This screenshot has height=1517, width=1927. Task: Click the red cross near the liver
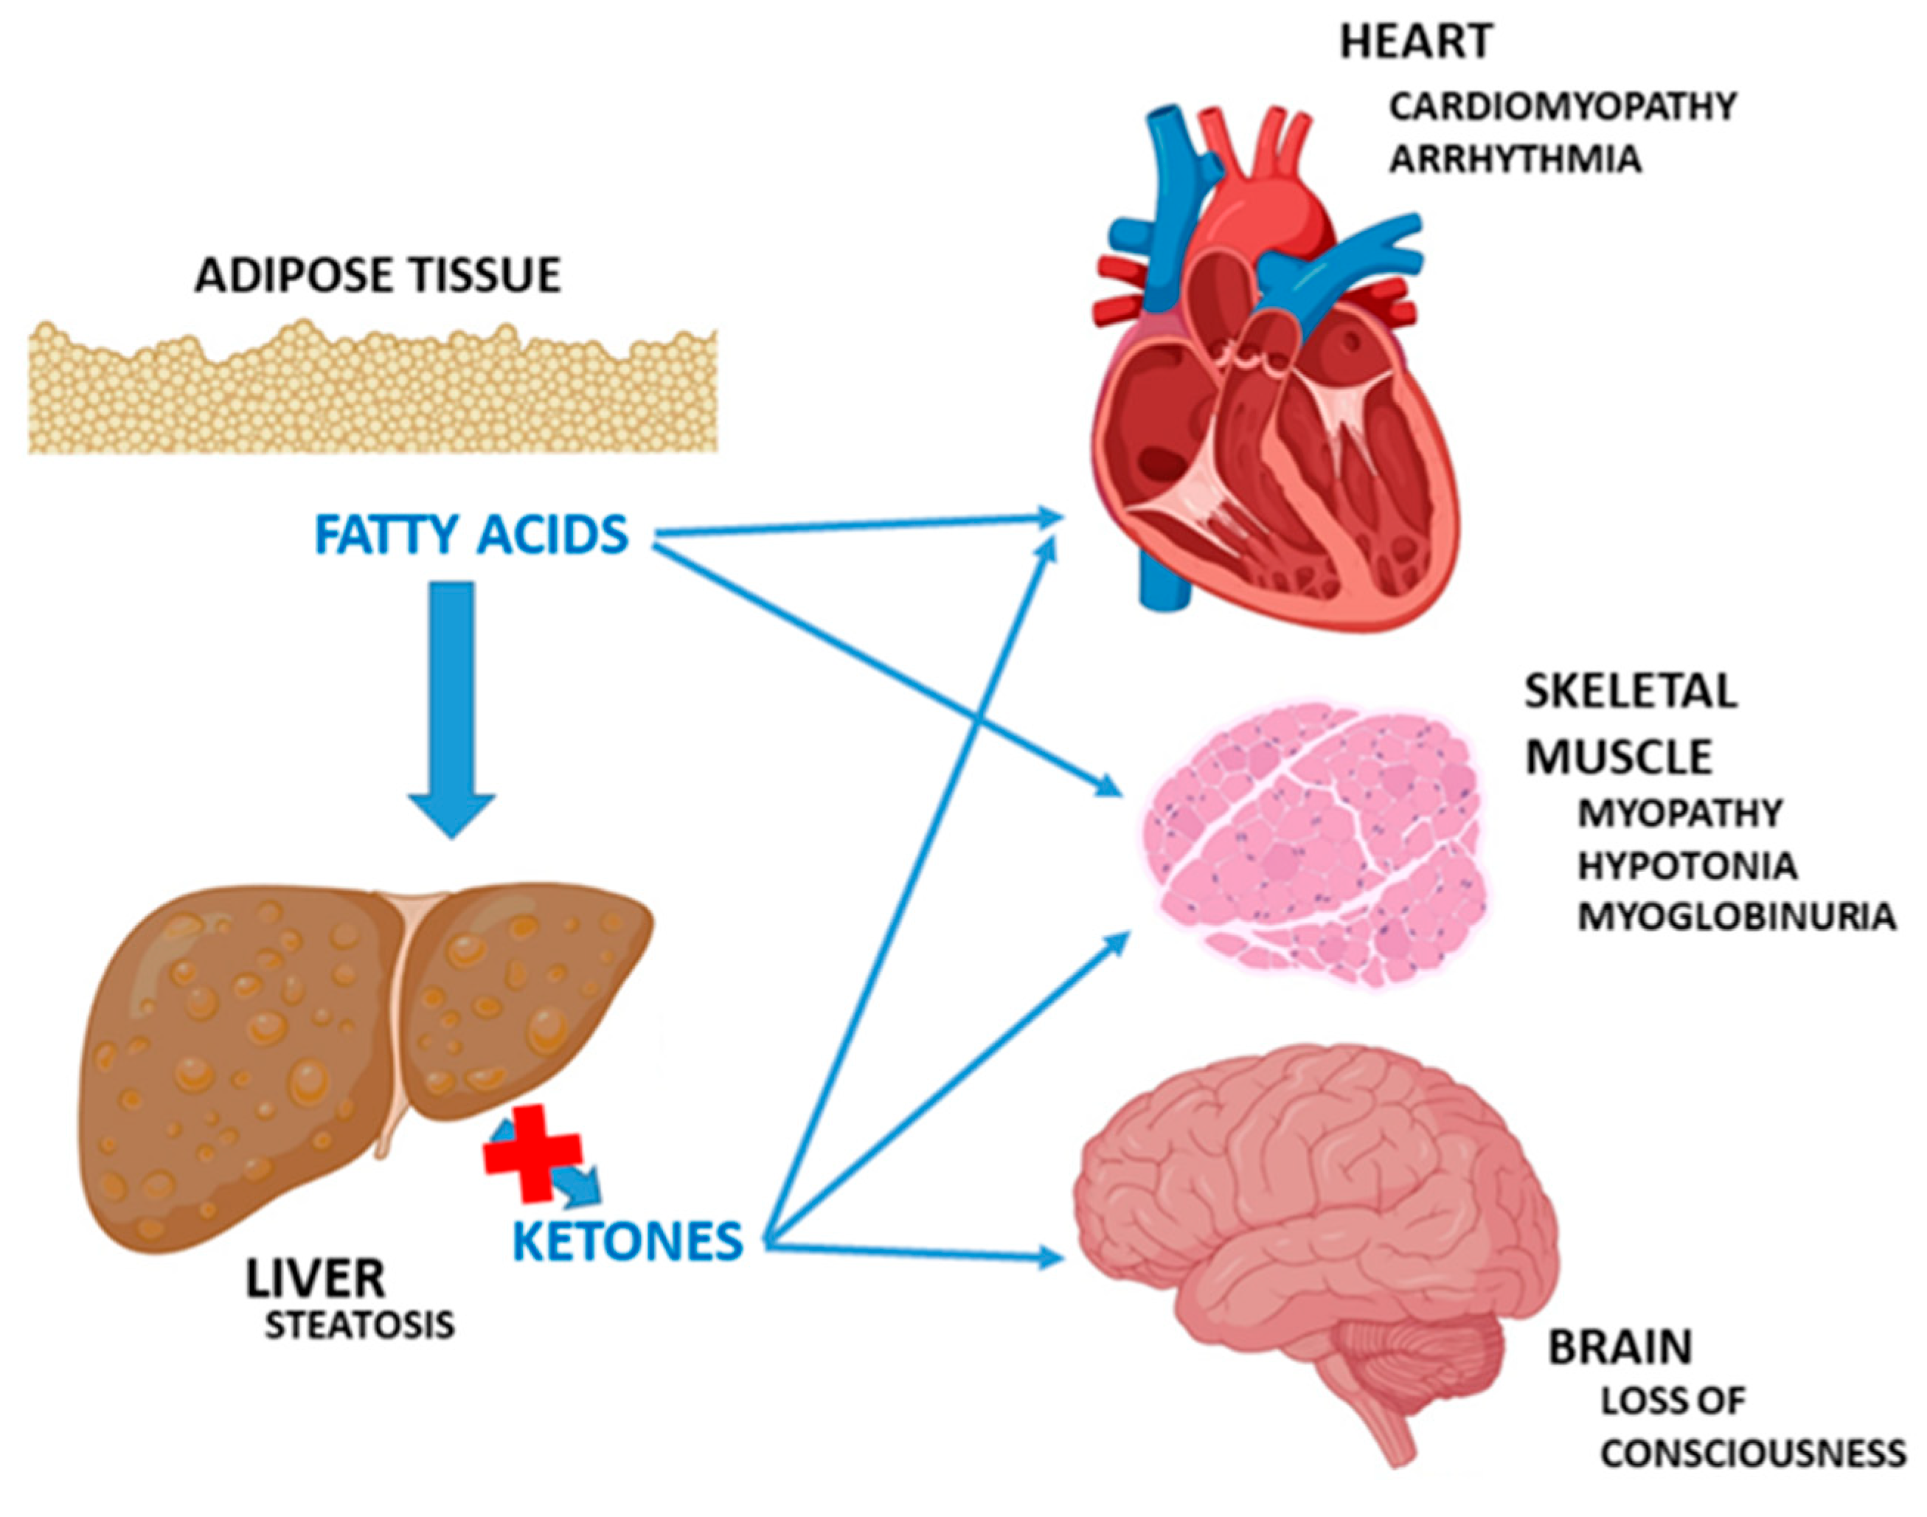tap(531, 1153)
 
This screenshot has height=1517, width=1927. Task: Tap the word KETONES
tap(628, 1240)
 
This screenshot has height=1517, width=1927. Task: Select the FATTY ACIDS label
tap(471, 535)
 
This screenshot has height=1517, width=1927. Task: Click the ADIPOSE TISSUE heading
tap(378, 274)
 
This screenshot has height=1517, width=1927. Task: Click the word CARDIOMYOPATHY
tap(1562, 107)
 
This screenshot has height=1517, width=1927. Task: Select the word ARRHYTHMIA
tap(1515, 160)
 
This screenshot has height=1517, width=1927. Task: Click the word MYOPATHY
tap(1679, 813)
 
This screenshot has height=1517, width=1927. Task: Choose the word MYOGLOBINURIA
tap(1736, 917)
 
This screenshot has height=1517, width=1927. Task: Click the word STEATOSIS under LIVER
tap(360, 1325)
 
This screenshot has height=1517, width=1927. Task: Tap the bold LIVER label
tap(315, 1279)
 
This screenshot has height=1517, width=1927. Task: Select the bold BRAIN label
tap(1619, 1347)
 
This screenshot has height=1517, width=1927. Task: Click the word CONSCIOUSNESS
tap(1753, 1453)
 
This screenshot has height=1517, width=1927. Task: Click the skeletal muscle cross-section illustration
tap(1310, 844)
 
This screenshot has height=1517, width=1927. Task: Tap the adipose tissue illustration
tap(373, 391)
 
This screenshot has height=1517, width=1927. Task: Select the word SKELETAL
tap(1631, 692)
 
